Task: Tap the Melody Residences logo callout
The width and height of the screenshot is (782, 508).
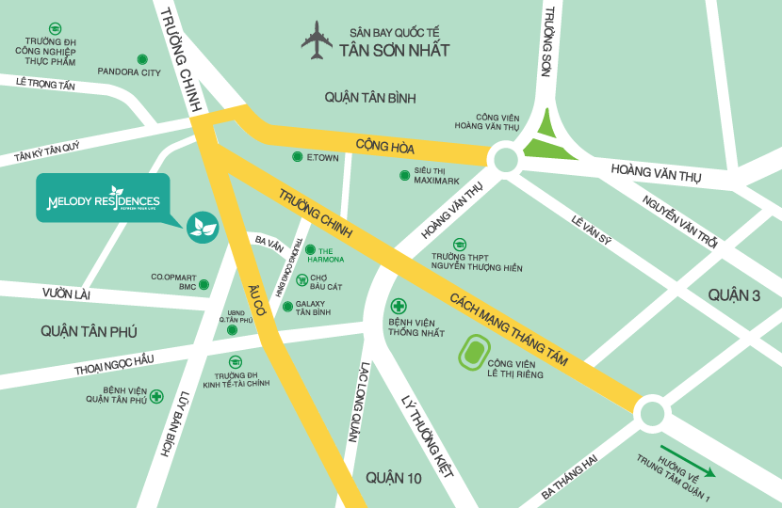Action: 103,199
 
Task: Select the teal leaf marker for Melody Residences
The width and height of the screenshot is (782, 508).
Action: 203,226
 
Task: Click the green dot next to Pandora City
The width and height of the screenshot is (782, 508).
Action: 142,58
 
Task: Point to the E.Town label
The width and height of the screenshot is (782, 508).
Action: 321,157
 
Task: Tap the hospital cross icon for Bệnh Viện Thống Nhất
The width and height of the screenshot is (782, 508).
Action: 399,307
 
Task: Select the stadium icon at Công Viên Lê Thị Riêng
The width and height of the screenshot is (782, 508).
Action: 473,355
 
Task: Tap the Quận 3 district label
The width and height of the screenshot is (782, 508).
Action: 735,295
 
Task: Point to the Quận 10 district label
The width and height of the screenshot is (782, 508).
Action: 395,478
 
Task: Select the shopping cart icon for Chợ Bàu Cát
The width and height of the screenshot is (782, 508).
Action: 301,279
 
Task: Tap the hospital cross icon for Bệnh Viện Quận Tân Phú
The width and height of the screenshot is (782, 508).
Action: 155,397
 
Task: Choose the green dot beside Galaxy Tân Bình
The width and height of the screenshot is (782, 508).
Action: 286,307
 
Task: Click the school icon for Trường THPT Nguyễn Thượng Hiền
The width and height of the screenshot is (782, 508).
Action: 459,245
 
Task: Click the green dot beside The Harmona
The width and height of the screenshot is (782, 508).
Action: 310,249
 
